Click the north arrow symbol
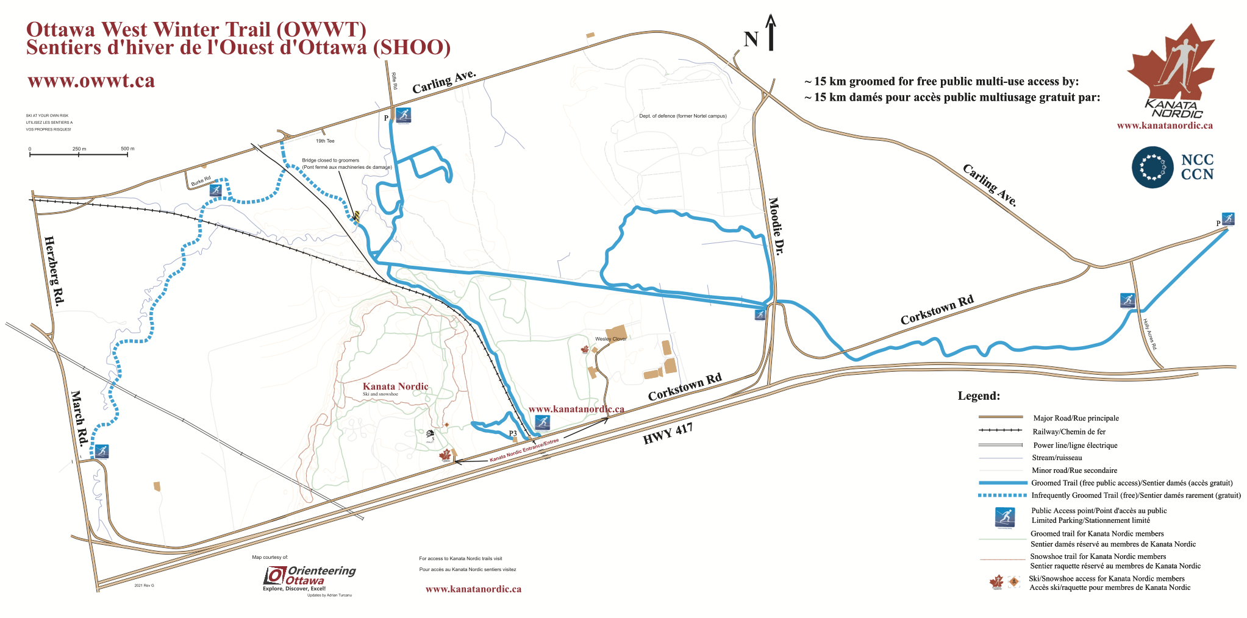click(x=771, y=33)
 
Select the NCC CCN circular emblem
click(x=1152, y=167)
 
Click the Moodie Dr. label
click(x=776, y=225)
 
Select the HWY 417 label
click(x=668, y=433)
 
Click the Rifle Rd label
click(x=395, y=81)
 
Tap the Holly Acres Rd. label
click(x=1150, y=334)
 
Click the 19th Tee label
click(x=325, y=141)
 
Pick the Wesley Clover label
click(x=610, y=339)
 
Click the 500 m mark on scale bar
click(x=127, y=149)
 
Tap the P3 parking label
click(x=513, y=434)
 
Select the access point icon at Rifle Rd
click(x=403, y=115)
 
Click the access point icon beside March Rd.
click(x=101, y=452)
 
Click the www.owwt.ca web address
click(x=91, y=81)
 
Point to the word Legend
click(x=979, y=396)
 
